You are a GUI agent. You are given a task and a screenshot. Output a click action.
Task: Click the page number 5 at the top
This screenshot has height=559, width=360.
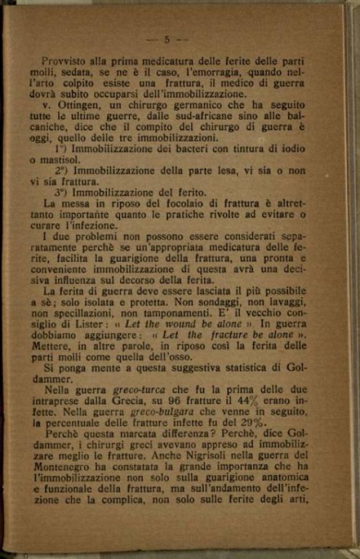(x=166, y=39)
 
